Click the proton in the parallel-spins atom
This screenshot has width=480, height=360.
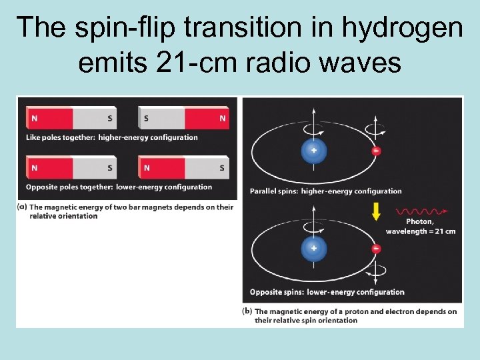click(313, 151)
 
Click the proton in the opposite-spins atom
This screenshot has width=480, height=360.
click(313, 248)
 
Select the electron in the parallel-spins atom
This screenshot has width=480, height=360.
click(377, 151)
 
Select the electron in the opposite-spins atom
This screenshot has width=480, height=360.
click(377, 249)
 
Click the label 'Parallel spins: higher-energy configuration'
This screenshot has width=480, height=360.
click(325, 191)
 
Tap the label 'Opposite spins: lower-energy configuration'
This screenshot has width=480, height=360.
click(327, 292)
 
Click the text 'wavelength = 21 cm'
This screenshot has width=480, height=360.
click(421, 231)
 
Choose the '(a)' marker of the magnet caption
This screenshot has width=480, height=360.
click(22, 207)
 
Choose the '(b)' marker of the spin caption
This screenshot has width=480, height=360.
click(247, 311)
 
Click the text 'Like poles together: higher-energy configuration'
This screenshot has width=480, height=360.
click(112, 137)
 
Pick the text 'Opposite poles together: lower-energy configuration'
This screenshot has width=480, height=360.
click(119, 187)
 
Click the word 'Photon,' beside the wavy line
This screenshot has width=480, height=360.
click(420, 222)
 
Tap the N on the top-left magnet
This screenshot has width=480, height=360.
click(34, 119)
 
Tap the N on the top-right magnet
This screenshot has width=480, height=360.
click(222, 119)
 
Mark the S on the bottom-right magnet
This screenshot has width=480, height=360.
click(222, 168)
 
